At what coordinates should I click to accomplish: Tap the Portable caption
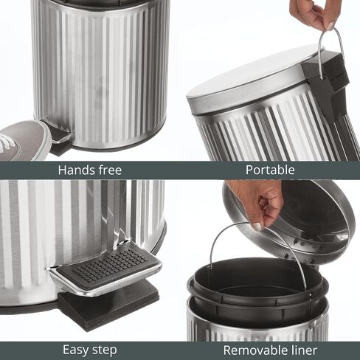[270, 170]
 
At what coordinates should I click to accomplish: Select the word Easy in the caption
[75, 350]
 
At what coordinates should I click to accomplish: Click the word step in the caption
[103, 350]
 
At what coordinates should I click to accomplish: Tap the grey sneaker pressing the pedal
[24, 140]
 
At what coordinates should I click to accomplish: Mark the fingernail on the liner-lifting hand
[257, 226]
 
